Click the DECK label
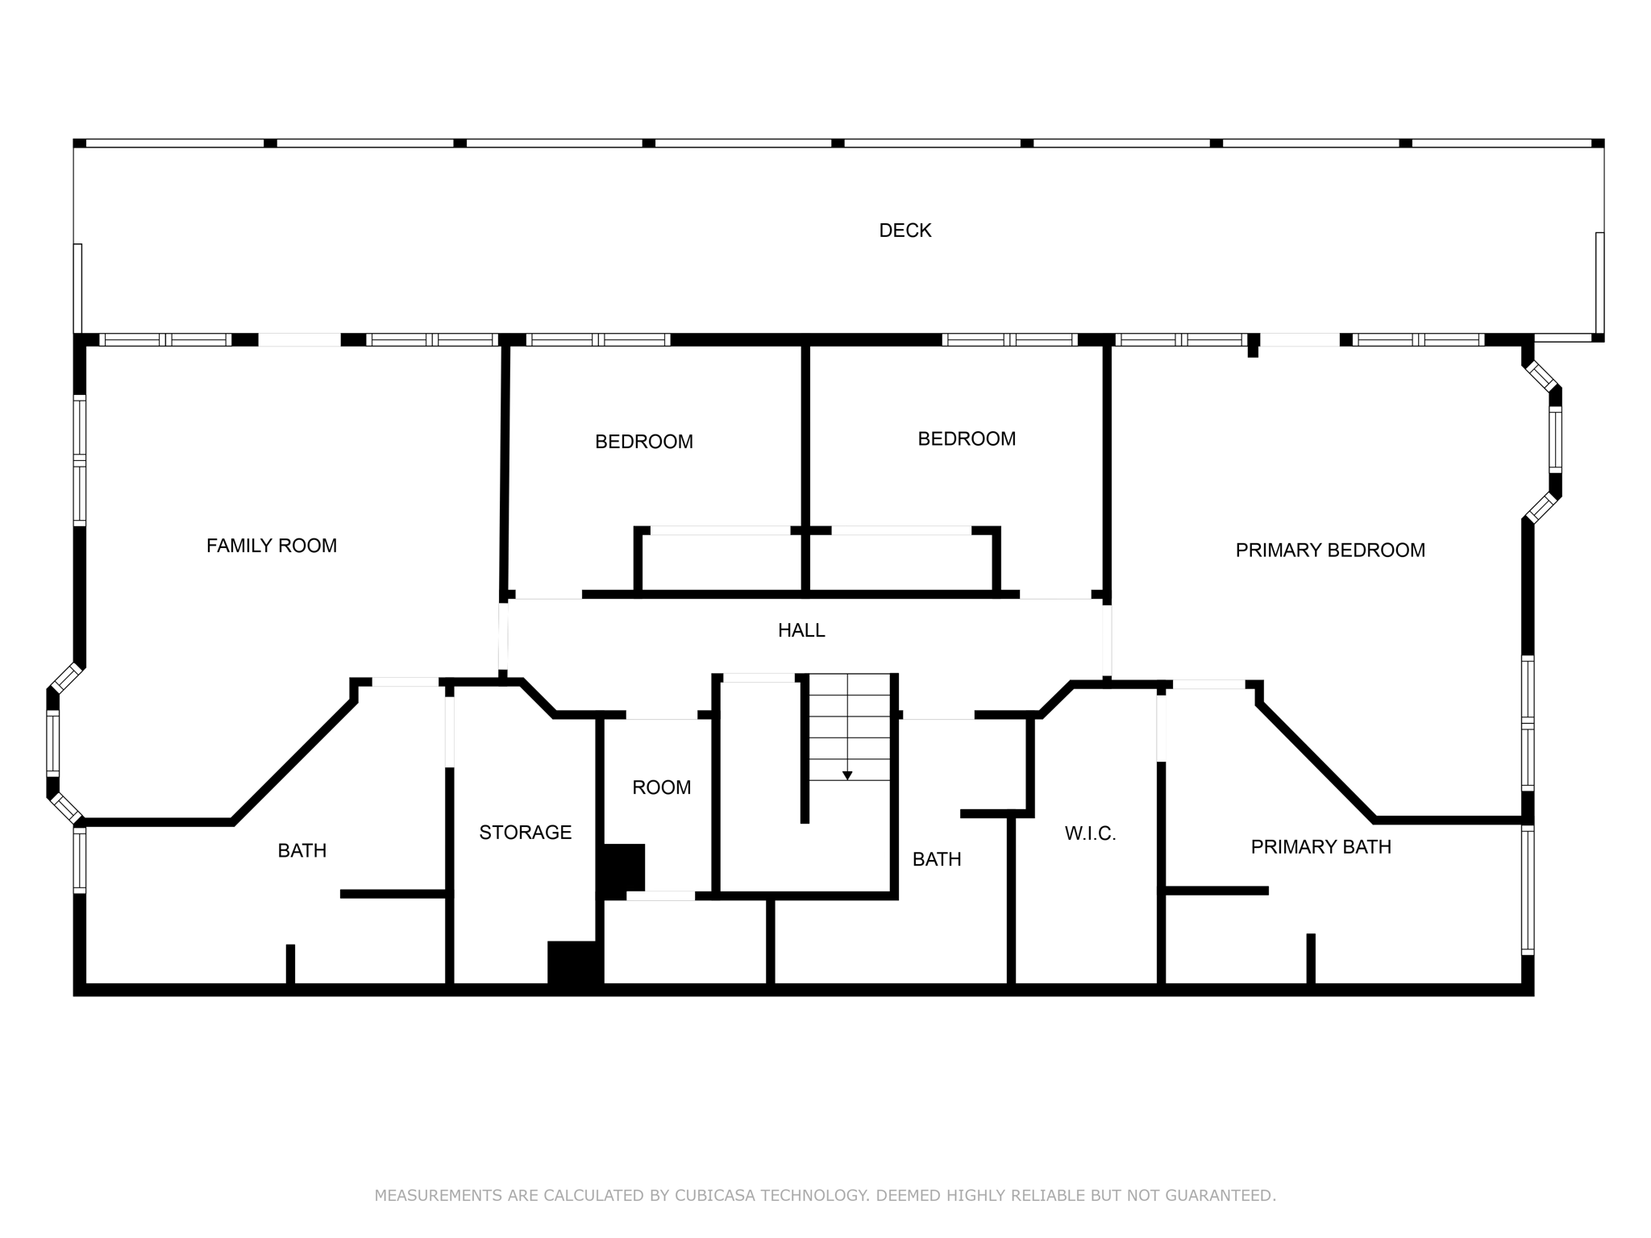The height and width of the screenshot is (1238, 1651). point(905,231)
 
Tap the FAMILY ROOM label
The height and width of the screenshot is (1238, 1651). point(271,546)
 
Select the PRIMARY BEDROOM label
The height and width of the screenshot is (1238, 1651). point(1329,550)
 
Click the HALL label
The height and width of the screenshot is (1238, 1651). point(801,630)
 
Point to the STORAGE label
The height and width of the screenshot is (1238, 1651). point(525,833)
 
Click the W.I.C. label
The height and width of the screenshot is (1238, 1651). point(1090,834)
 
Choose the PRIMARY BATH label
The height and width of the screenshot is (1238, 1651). point(1320,847)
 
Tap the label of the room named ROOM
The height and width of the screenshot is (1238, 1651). point(661,787)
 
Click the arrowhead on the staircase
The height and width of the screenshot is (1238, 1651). point(847,775)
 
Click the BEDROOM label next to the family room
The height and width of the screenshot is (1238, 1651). point(643,442)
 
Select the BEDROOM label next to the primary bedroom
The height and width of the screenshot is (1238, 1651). point(966,438)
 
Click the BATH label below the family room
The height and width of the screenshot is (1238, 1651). point(302,850)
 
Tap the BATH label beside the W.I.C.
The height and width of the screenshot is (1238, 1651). point(936,859)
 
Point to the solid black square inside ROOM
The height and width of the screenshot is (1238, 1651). point(623,867)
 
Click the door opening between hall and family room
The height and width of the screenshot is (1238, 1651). point(503,637)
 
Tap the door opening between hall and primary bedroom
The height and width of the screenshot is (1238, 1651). point(1107,642)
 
